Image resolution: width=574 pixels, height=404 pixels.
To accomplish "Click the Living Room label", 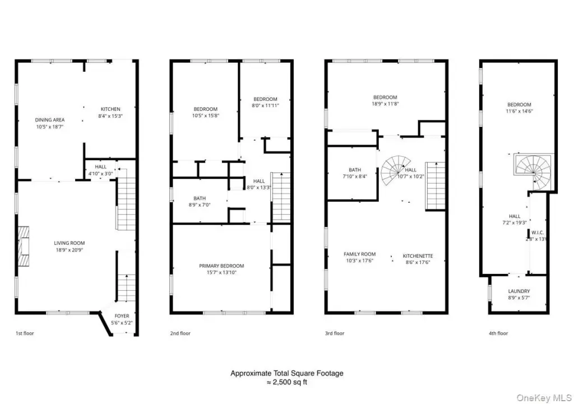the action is [69, 243].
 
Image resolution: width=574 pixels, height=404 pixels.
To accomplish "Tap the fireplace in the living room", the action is [24, 247].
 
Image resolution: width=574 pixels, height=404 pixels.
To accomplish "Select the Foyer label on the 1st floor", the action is [122, 316].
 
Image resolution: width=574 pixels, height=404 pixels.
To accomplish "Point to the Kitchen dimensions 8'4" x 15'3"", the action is [110, 116].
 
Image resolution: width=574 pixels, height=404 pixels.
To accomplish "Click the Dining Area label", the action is [50, 120].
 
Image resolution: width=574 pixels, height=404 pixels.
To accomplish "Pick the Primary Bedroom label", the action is [221, 266].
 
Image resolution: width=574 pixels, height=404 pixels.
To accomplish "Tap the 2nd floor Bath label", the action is [200, 198].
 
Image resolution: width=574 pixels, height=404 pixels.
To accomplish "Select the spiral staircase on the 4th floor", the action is [534, 171].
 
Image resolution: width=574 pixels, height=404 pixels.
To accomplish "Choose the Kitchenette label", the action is [418, 256].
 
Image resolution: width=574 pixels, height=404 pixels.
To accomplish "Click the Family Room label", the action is [359, 254].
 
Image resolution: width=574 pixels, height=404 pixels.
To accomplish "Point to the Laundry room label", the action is [519, 291].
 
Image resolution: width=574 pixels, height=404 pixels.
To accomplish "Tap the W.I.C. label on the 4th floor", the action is [538, 233].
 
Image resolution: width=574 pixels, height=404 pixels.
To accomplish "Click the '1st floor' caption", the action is [25, 333].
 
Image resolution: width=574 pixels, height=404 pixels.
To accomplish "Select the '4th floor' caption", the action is [498, 333].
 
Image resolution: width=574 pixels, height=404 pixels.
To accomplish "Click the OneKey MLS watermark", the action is [544, 398].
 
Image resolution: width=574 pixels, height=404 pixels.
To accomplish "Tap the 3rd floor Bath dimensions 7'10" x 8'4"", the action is [355, 177].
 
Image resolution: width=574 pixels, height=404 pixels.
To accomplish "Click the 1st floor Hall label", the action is [101, 167].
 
